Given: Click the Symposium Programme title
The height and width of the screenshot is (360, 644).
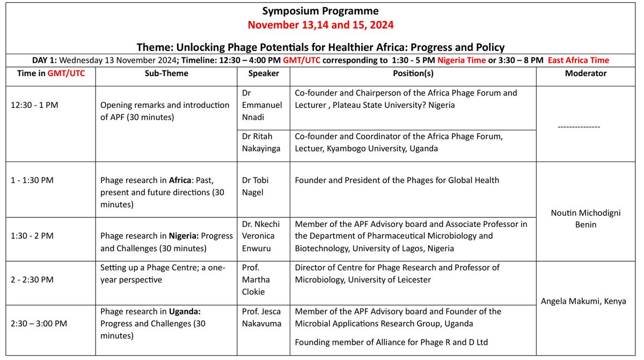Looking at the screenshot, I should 320,11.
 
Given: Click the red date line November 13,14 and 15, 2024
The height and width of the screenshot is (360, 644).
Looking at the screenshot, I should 320,25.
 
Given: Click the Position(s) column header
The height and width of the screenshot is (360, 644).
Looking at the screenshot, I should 413,73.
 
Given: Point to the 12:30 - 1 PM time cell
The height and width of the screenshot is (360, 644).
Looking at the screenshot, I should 34,105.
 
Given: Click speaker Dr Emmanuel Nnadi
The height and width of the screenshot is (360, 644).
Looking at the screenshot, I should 262,105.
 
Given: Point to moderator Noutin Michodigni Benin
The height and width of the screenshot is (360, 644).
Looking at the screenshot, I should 586,218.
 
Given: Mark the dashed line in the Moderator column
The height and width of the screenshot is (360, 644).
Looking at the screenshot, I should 586,127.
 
